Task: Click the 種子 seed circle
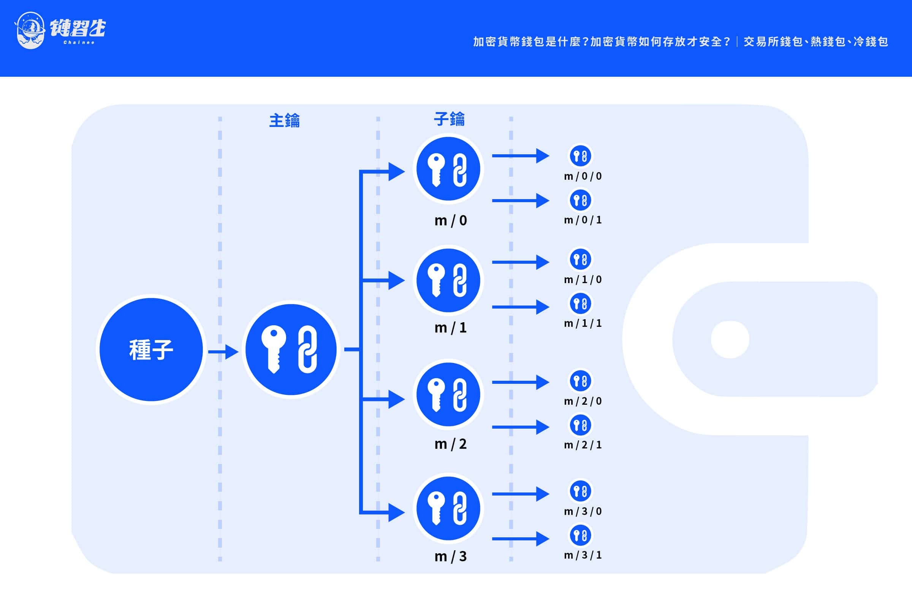(151, 349)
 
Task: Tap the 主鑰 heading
(284, 120)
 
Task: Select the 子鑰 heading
(449, 119)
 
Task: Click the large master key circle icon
(291, 349)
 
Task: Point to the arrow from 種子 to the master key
(223, 352)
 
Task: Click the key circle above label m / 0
(448, 169)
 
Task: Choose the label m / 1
(451, 328)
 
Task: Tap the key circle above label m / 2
(448, 394)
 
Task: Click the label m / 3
(451, 556)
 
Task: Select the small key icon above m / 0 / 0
(580, 156)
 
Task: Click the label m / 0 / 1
(583, 220)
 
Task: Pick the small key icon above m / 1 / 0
(580, 259)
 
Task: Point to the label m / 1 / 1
(583, 323)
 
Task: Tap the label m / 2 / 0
(583, 401)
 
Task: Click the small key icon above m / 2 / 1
(580, 425)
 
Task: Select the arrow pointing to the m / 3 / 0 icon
(520, 494)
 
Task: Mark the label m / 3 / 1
(583, 555)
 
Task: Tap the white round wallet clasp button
(730, 339)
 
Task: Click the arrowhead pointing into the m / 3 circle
(396, 513)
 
